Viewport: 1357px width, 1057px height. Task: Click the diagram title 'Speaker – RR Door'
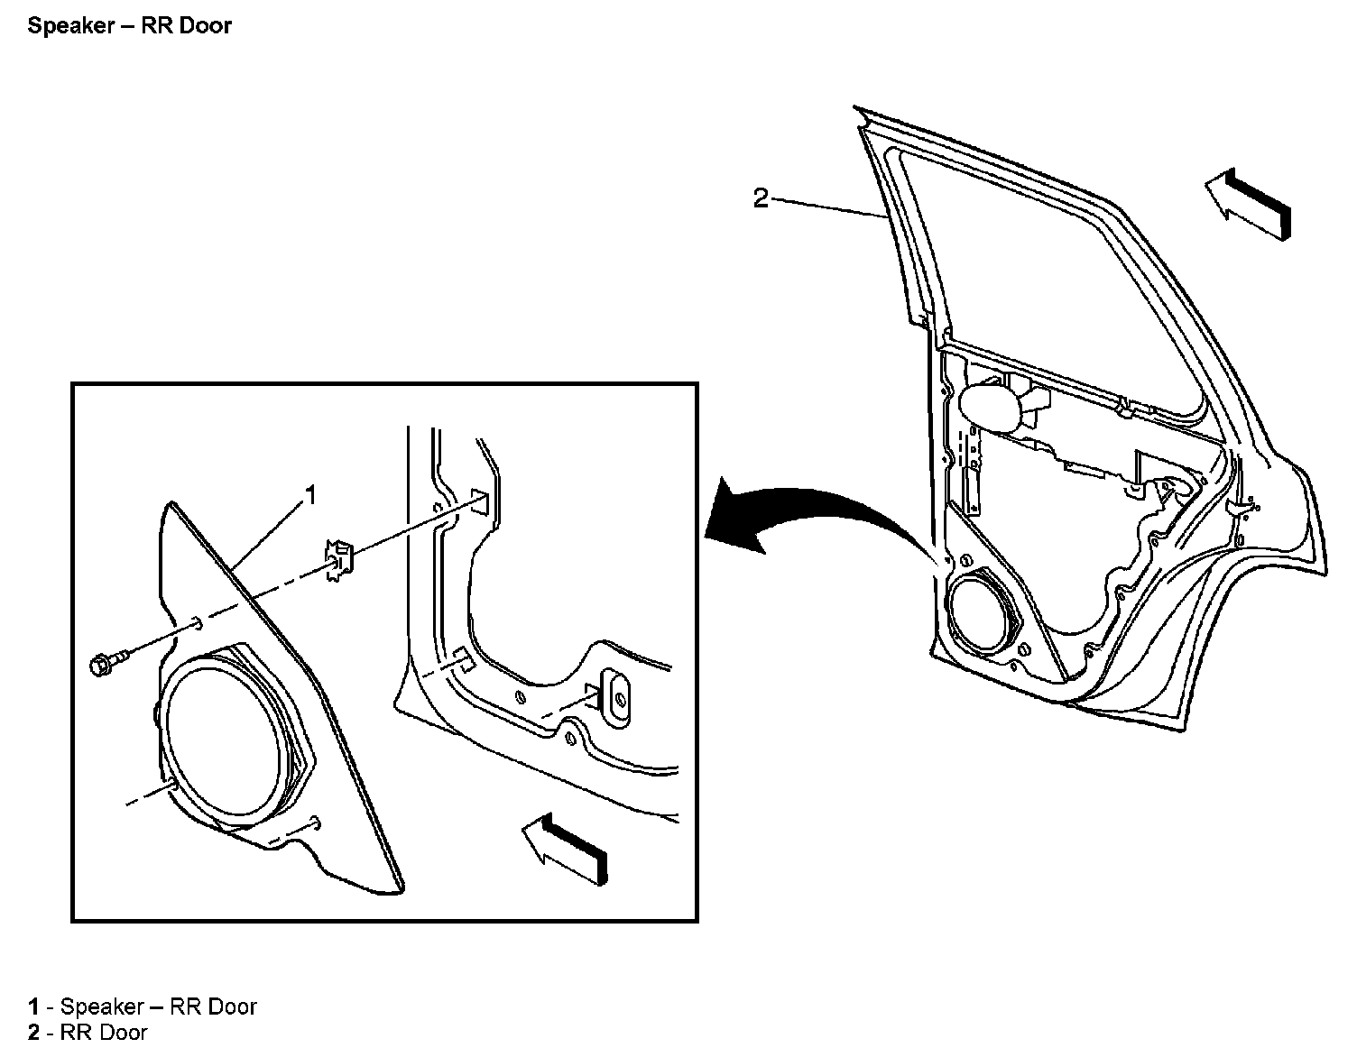129,25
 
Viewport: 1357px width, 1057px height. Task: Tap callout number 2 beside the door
760,198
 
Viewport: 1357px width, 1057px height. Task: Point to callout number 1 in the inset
309,495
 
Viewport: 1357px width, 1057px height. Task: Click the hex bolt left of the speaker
109,663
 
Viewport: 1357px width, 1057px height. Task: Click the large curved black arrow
818,517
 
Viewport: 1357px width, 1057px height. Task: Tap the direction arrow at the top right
1248,203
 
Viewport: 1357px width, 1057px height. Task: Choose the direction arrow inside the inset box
565,849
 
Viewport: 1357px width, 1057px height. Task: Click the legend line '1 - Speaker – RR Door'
142,1006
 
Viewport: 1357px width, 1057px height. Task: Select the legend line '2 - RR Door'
88,1033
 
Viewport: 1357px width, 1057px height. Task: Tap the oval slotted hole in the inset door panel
618,696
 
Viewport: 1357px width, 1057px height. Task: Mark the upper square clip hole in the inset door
481,501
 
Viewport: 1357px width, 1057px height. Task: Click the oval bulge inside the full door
992,408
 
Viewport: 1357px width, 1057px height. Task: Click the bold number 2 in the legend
33,1033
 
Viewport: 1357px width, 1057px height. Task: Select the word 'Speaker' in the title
71,25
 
